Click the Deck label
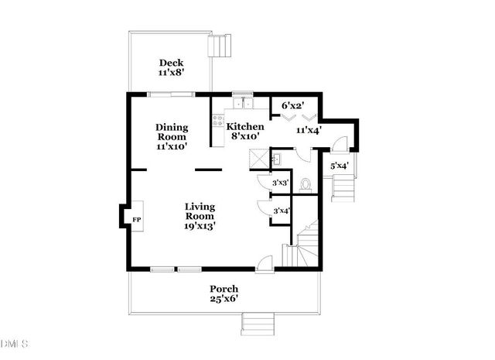click(x=169, y=63)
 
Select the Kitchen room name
click(x=244, y=126)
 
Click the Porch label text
click(x=224, y=289)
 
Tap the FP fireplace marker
click(x=136, y=221)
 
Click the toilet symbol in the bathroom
click(x=305, y=184)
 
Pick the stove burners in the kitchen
click(x=218, y=121)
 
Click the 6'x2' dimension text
click(x=292, y=105)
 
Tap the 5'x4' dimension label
click(x=339, y=166)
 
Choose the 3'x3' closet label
click(x=280, y=182)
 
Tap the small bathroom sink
click(x=278, y=159)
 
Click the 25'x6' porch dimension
click(x=224, y=299)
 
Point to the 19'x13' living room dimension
click(x=199, y=227)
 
